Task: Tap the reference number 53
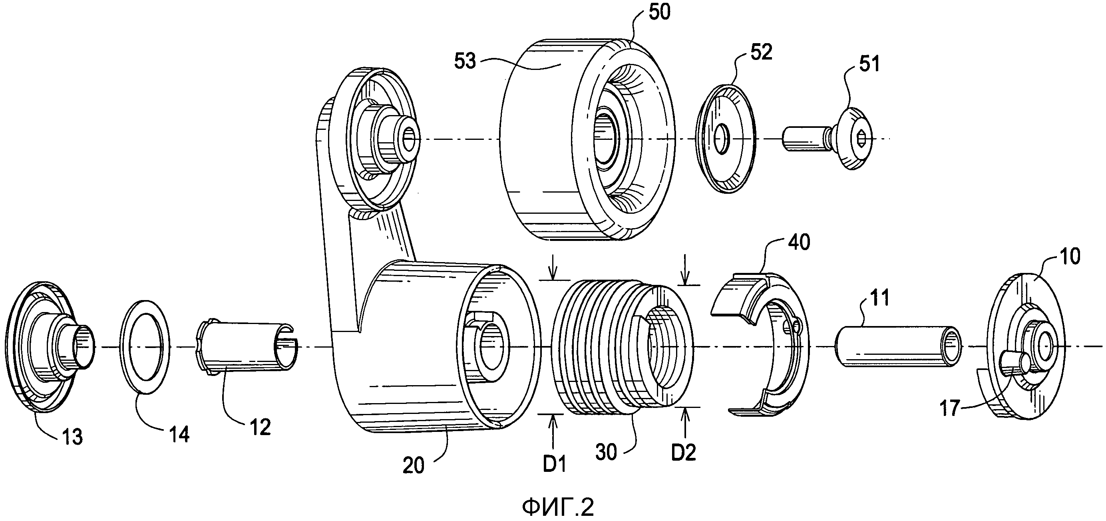(465, 61)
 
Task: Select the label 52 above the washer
(761, 52)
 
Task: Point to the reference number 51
(869, 64)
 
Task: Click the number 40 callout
(799, 242)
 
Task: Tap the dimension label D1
(555, 464)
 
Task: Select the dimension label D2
(684, 453)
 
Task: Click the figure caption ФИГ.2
(558, 508)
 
